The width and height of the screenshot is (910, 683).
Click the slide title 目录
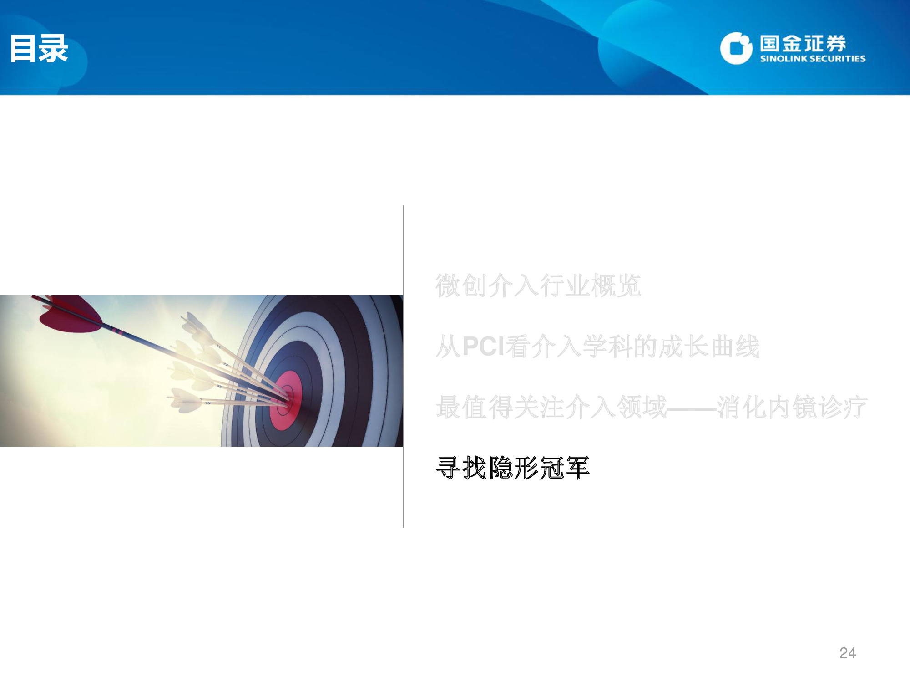click(39, 48)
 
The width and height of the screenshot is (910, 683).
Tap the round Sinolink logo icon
click(736, 48)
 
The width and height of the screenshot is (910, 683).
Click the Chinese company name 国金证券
click(803, 44)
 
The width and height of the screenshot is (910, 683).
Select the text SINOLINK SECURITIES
click(813, 59)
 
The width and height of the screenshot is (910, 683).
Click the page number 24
click(848, 653)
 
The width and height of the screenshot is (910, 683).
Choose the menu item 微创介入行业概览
click(538, 286)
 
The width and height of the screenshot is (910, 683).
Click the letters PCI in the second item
click(484, 346)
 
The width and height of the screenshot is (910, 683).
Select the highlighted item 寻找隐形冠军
click(513, 468)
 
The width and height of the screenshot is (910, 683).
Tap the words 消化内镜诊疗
click(792, 407)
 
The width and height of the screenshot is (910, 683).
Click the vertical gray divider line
click(403, 367)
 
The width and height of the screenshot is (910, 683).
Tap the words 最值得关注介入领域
click(551, 407)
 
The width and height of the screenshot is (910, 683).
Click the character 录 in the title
click(54, 48)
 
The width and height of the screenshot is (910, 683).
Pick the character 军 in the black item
click(577, 468)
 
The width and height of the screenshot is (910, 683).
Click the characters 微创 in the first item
click(461, 286)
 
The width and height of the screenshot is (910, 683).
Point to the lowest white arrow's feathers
click(186, 399)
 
